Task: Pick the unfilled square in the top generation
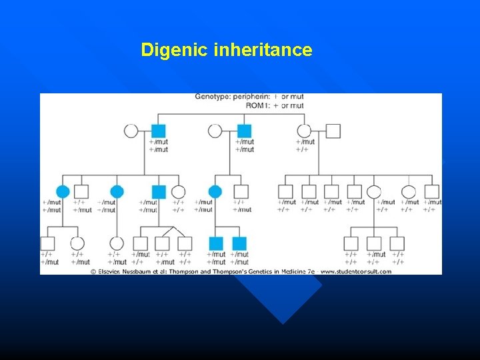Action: (x=333, y=131)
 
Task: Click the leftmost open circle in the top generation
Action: (x=131, y=131)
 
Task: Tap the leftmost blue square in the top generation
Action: (x=158, y=131)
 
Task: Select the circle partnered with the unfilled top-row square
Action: (x=304, y=131)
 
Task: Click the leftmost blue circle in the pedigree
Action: (x=63, y=192)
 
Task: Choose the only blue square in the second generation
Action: (x=158, y=192)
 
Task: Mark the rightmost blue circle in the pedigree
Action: (x=215, y=192)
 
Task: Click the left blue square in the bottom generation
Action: (x=215, y=243)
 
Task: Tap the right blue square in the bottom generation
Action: (x=239, y=243)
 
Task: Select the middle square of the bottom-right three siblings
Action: (x=374, y=243)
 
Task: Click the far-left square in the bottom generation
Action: (x=47, y=243)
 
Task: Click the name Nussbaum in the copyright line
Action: (x=150, y=271)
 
